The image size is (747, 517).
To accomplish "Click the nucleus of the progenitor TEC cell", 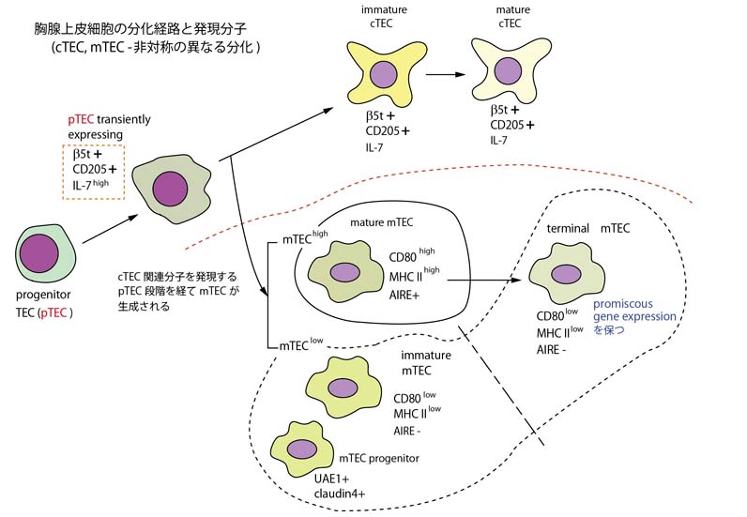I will [40, 253].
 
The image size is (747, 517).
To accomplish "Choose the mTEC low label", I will [299, 345].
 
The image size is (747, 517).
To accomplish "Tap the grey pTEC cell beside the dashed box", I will [170, 185].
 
